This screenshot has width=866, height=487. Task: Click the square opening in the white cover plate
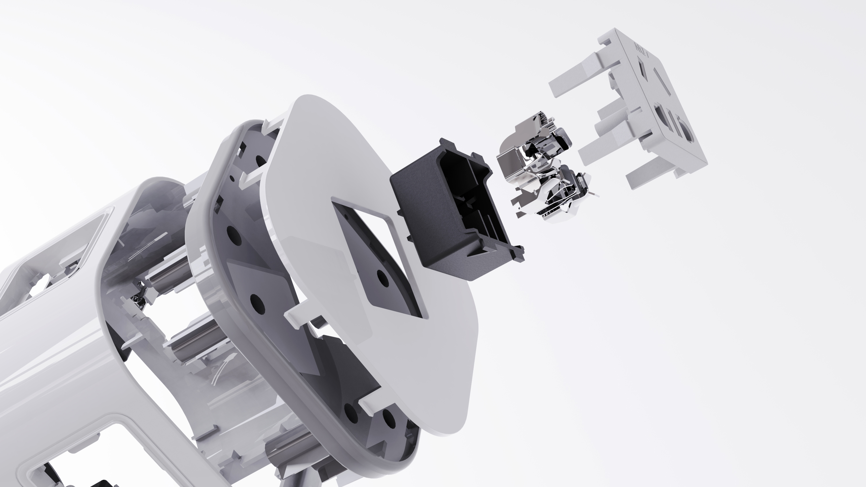(376, 255)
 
